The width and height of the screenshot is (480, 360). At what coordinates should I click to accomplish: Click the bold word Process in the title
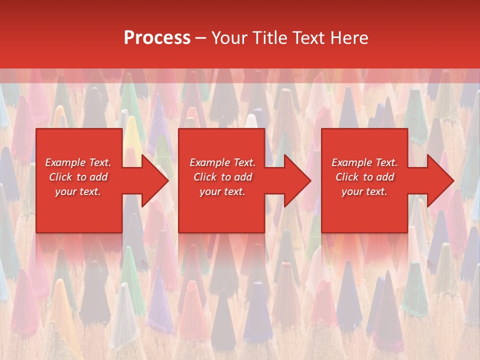[157, 38]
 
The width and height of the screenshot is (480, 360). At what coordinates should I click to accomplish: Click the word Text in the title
[310, 38]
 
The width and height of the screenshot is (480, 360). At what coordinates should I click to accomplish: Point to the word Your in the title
[228, 38]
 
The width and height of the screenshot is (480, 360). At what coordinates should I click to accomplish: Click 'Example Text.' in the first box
[78, 162]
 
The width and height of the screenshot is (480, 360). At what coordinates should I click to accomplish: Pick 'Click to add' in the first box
[78, 177]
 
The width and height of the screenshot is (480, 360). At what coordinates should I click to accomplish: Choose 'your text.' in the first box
[78, 191]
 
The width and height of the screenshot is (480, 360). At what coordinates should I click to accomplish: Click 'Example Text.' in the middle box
[222, 162]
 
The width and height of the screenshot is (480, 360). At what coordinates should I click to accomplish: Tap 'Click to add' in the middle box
[222, 177]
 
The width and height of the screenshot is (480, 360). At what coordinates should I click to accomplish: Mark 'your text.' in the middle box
[222, 191]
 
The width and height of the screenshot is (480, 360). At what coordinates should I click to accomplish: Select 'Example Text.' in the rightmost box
[364, 162]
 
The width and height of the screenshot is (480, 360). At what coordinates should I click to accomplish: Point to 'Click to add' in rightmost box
[364, 177]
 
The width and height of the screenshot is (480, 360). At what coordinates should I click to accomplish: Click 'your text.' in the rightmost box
[364, 191]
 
